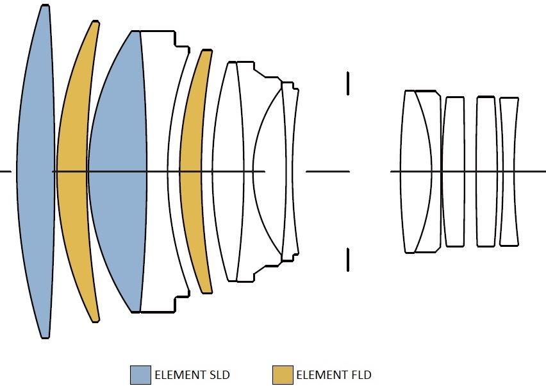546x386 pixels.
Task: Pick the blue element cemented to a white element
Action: [119, 171]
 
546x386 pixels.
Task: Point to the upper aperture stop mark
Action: [348, 83]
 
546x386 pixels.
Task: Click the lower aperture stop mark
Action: [348, 260]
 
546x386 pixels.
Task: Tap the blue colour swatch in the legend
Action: [141, 375]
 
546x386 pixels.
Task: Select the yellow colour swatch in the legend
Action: [283, 375]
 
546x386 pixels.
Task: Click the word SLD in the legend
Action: [219, 375]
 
